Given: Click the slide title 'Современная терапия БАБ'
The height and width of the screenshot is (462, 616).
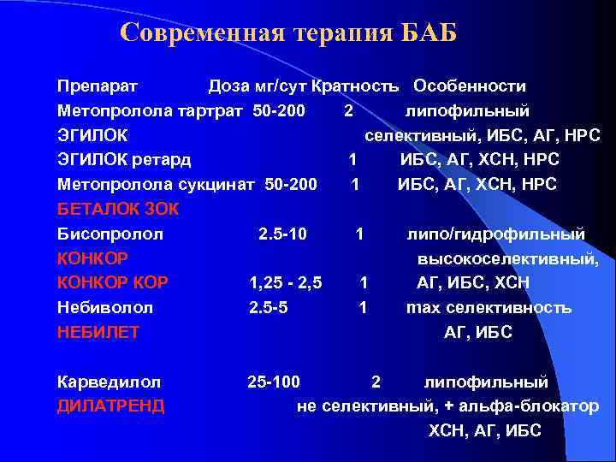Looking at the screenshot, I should coord(289,33).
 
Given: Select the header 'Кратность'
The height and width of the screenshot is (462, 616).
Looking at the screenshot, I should coord(355,86).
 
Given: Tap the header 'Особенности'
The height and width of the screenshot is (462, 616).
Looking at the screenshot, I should coord(469,86).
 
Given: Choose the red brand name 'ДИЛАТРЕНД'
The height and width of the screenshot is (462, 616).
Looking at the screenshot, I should coord(110,406).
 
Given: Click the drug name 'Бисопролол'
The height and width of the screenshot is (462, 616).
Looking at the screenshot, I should coord(110,234).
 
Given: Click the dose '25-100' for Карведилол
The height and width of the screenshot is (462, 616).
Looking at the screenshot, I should coord(274,382).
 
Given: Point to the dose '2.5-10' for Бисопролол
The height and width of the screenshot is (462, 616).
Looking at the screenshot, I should coord(283,234).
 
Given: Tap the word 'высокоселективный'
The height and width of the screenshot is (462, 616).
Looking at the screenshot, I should coord(508,258).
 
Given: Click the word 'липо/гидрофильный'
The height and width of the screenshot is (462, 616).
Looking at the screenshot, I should coord(496,234).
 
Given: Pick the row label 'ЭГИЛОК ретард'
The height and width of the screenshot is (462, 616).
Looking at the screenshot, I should coord(124,160).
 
